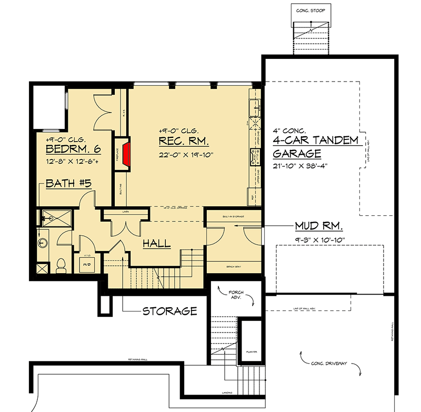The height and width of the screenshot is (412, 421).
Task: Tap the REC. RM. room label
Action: [x=184, y=142]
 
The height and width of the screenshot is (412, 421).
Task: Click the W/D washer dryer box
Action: [x=87, y=263]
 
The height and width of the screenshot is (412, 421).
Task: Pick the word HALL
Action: [x=157, y=244]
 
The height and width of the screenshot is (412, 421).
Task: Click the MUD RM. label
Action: [x=319, y=227]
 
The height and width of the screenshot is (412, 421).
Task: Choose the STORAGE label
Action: [x=170, y=311]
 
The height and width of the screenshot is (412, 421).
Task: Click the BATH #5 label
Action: [x=69, y=184]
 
